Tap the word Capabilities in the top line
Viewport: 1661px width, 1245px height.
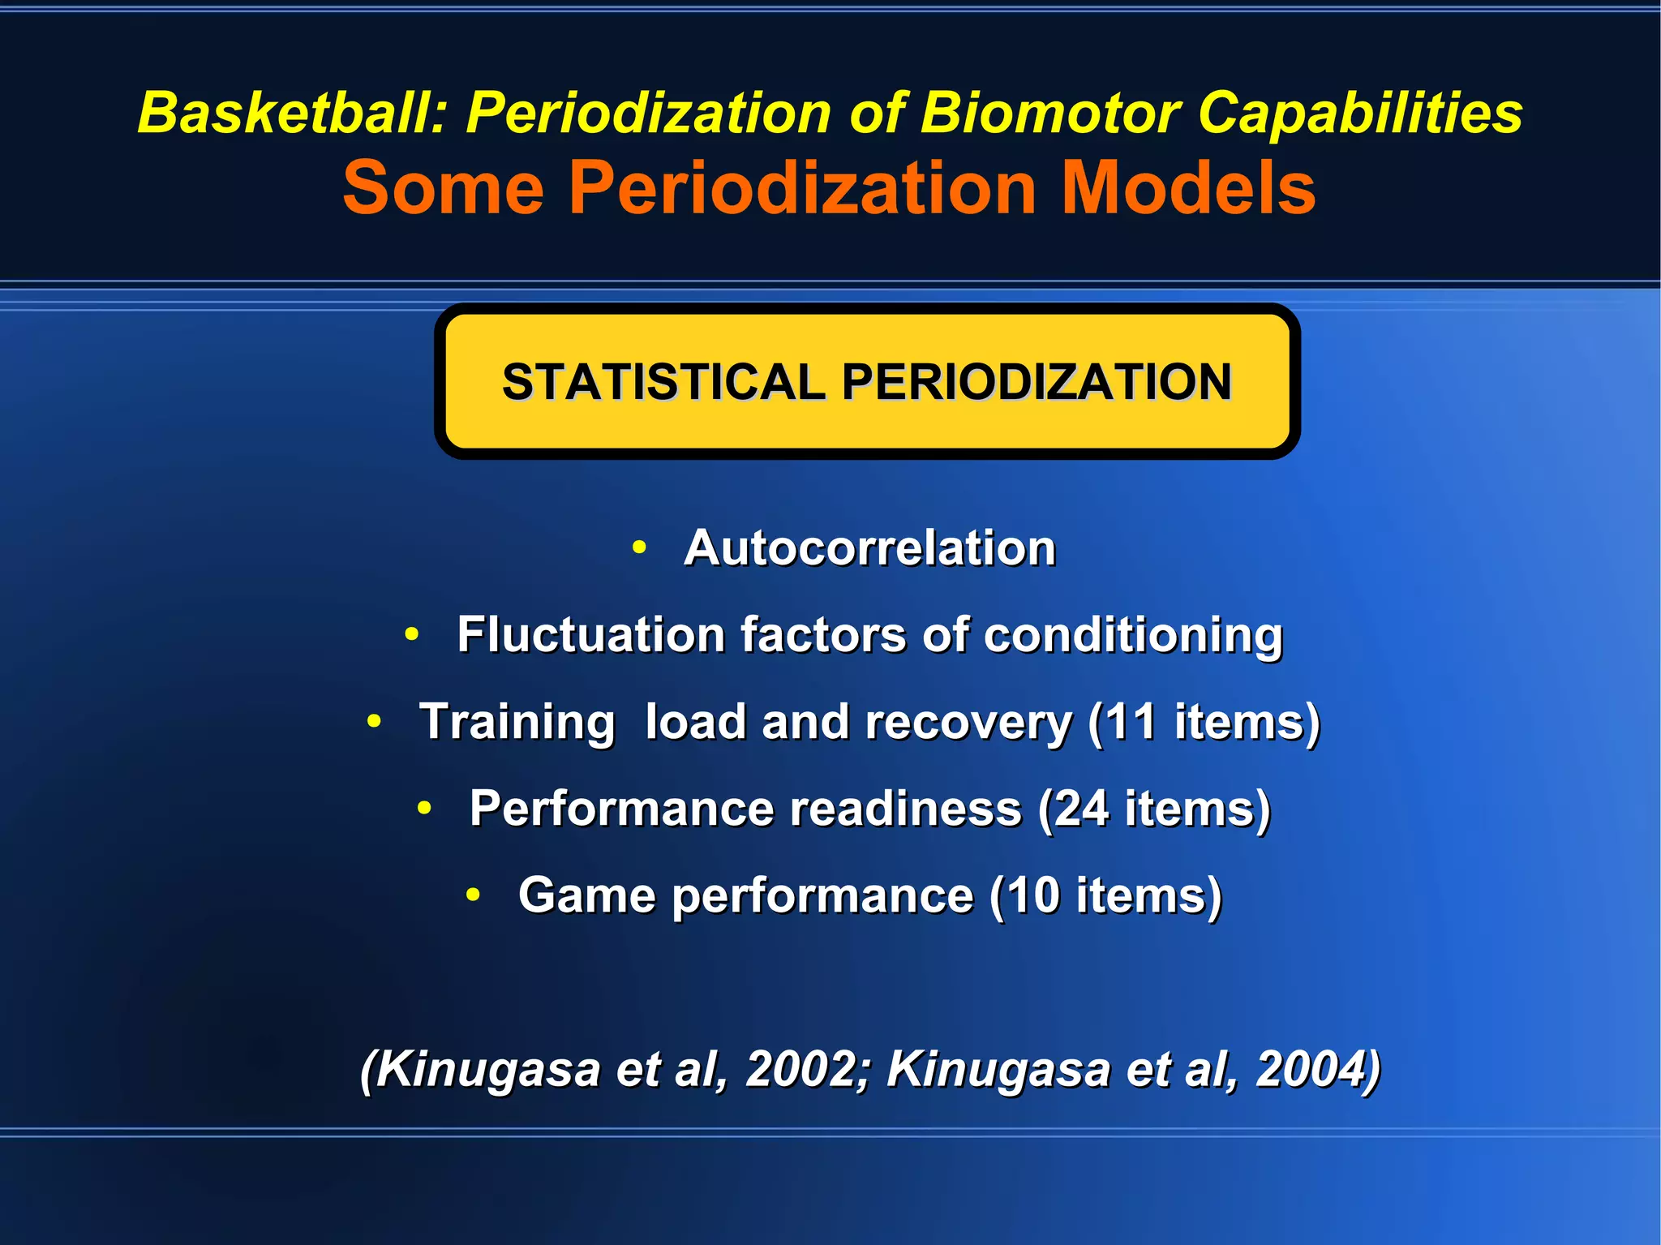pyautogui.click(x=1360, y=112)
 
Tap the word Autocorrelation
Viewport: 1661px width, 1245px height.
pyautogui.click(x=869, y=547)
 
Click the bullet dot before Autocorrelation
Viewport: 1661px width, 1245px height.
pyautogui.click(x=639, y=548)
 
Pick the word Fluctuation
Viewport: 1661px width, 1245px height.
pyautogui.click(x=590, y=634)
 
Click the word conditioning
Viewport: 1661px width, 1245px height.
pyautogui.click(x=1133, y=634)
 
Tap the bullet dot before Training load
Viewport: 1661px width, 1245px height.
pyautogui.click(x=374, y=721)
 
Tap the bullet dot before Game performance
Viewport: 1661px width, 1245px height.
pyautogui.click(x=474, y=895)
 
